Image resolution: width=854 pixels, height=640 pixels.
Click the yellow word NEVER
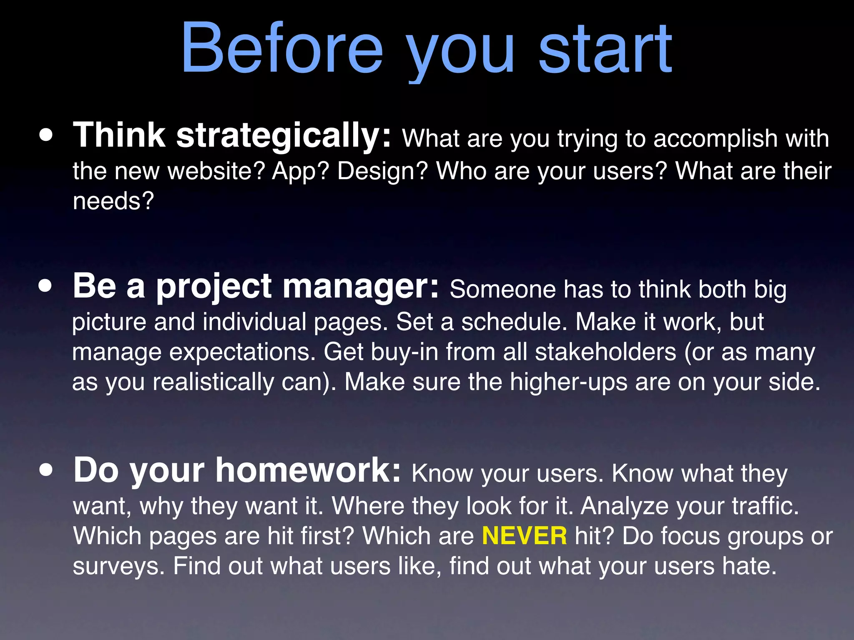click(524, 536)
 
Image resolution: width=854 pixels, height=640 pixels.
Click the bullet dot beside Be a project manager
click(45, 287)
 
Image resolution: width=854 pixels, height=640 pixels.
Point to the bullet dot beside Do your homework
click(46, 470)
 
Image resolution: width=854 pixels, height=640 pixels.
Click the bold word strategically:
click(284, 136)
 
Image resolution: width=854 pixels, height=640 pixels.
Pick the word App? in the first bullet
click(301, 171)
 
